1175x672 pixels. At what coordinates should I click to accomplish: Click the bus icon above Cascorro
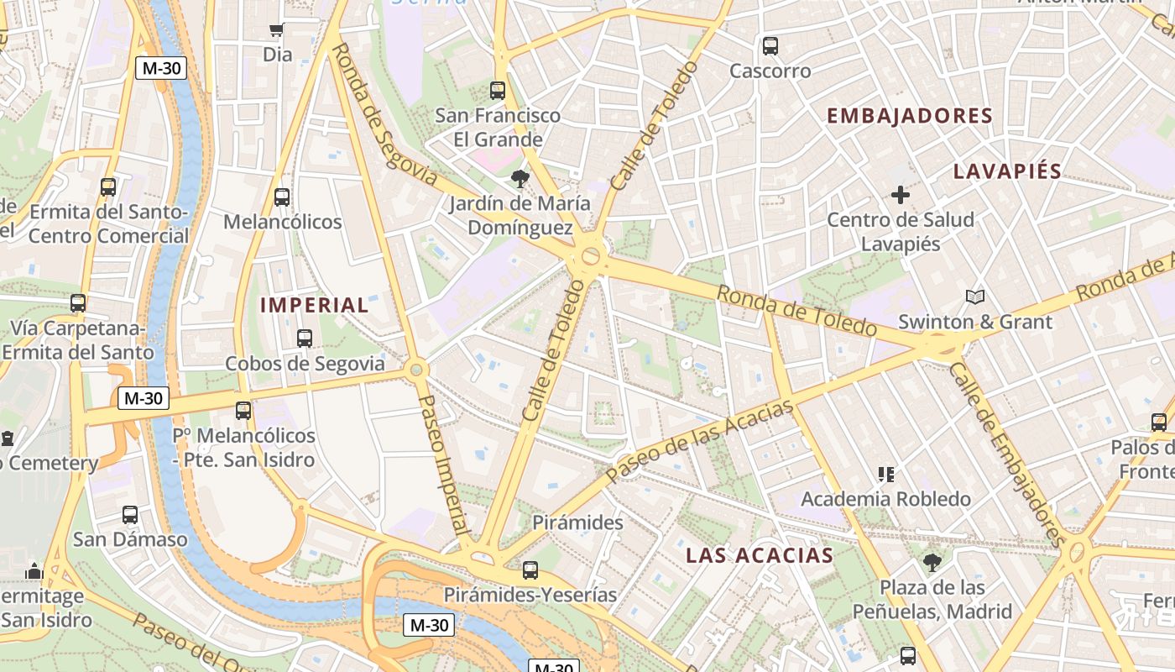(770, 46)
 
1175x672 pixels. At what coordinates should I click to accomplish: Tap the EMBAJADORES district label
(910, 116)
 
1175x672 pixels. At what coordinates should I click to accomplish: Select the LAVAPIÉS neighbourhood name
(1007, 171)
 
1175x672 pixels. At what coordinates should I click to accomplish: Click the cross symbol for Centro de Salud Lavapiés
(900, 196)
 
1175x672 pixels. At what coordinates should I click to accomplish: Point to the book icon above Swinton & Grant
(974, 297)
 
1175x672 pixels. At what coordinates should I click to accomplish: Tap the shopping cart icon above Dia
(276, 31)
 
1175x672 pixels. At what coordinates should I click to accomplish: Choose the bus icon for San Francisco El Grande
(498, 90)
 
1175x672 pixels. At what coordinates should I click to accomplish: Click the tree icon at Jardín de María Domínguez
(520, 178)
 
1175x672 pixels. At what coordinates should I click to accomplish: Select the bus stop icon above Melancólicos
(282, 197)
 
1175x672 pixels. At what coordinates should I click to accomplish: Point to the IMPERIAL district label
(314, 305)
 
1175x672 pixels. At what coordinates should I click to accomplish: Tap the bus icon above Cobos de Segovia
(305, 339)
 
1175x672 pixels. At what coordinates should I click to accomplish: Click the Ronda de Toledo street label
(796, 310)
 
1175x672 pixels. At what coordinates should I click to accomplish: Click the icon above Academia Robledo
(885, 475)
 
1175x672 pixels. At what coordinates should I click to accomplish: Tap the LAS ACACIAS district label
(759, 555)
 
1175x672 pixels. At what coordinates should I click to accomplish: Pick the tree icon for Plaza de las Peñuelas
(932, 562)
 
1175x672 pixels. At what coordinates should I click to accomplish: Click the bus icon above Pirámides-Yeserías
(530, 570)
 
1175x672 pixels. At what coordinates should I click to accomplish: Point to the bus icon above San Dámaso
(130, 514)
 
